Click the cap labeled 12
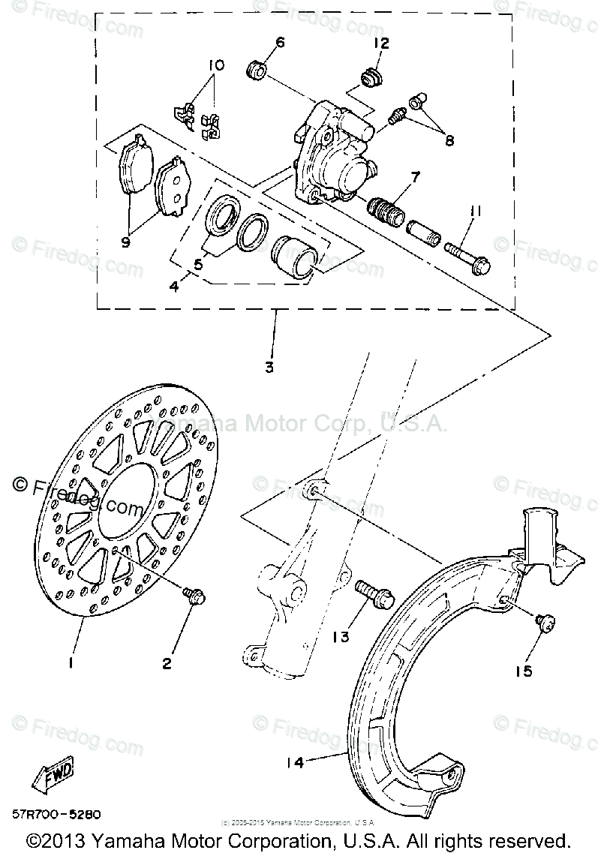pyautogui.click(x=368, y=77)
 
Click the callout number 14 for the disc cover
pyautogui.click(x=295, y=762)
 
